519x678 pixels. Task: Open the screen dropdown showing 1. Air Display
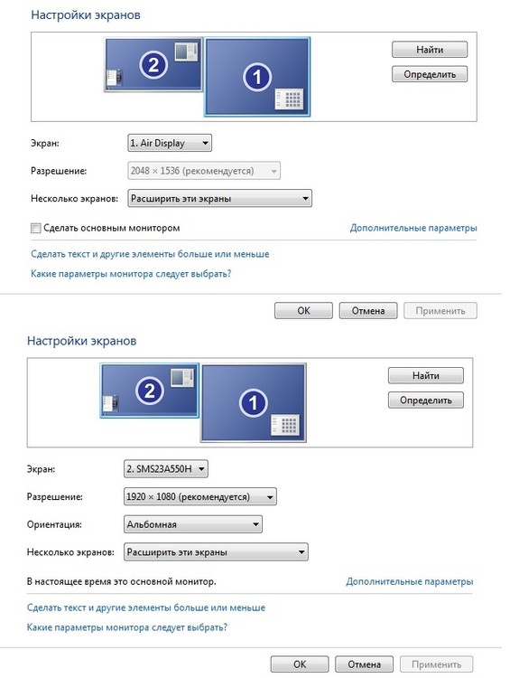(x=170, y=143)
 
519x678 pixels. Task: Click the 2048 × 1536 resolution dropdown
(x=204, y=171)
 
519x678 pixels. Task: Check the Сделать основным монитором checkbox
(x=36, y=229)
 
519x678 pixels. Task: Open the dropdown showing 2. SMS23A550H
(x=166, y=468)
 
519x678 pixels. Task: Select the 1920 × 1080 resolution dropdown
(x=199, y=497)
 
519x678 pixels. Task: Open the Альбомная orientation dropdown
(x=192, y=524)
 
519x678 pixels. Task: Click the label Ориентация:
(x=54, y=524)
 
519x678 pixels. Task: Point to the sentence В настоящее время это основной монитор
(x=121, y=581)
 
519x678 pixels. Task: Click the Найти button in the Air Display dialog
(x=430, y=50)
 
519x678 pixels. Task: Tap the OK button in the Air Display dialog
(x=303, y=310)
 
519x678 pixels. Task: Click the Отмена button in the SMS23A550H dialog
(x=364, y=664)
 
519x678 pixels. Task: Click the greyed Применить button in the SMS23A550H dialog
(x=437, y=664)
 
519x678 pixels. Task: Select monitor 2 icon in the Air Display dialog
(x=153, y=65)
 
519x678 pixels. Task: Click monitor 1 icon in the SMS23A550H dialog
(x=253, y=403)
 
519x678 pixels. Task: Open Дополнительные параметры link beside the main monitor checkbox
(x=413, y=228)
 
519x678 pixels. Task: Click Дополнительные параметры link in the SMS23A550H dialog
(x=409, y=581)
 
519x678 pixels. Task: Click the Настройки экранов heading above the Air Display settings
(x=86, y=15)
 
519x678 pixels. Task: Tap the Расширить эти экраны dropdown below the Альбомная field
(x=216, y=552)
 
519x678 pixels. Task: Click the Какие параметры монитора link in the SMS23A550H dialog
(x=127, y=627)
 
